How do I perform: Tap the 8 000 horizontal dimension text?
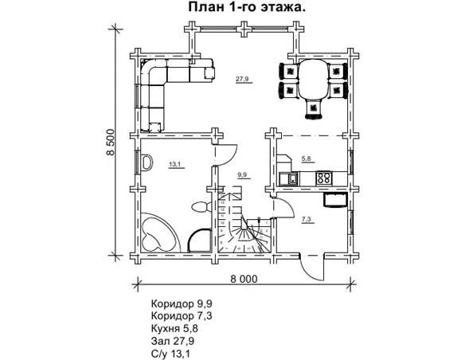(x=244, y=279)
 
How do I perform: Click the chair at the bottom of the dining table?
(x=314, y=105)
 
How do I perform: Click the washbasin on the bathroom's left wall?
(x=147, y=162)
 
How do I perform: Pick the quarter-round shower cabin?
(x=199, y=238)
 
